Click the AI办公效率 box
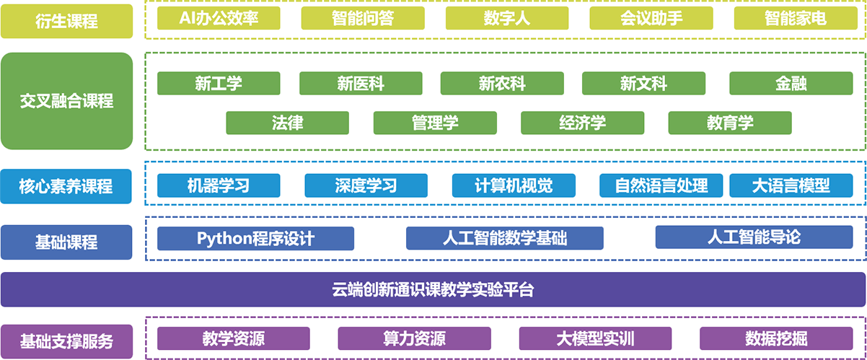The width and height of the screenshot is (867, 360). pyautogui.click(x=219, y=19)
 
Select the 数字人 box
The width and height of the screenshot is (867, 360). pyautogui.click(x=507, y=19)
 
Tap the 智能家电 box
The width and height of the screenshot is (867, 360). pyautogui.click(x=795, y=19)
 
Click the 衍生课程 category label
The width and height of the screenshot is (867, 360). pyautogui.click(x=66, y=21)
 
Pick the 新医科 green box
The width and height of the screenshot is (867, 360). pyautogui.click(x=361, y=84)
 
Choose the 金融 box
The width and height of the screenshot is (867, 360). pyautogui.click(x=791, y=84)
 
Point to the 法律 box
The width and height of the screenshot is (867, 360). pyautogui.click(x=287, y=123)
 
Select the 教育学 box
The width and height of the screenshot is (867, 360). pyautogui.click(x=729, y=123)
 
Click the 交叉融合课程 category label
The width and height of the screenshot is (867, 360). pyautogui.click(x=66, y=101)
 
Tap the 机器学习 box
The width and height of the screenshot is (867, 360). pyautogui.click(x=219, y=185)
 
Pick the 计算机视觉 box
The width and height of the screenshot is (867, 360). pyautogui.click(x=514, y=185)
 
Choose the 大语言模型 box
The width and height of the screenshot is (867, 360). pyautogui.click(x=791, y=185)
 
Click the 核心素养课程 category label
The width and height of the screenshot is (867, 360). pyautogui.click(x=66, y=187)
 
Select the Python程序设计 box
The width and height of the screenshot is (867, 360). pyautogui.click(x=255, y=238)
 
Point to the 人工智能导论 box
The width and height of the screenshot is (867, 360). pyautogui.click(x=754, y=237)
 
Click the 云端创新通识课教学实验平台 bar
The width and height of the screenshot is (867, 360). pyautogui.click(x=433, y=289)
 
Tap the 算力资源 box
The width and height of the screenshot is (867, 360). pyautogui.click(x=414, y=338)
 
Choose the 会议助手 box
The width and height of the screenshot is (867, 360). pyautogui.click(x=651, y=19)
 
